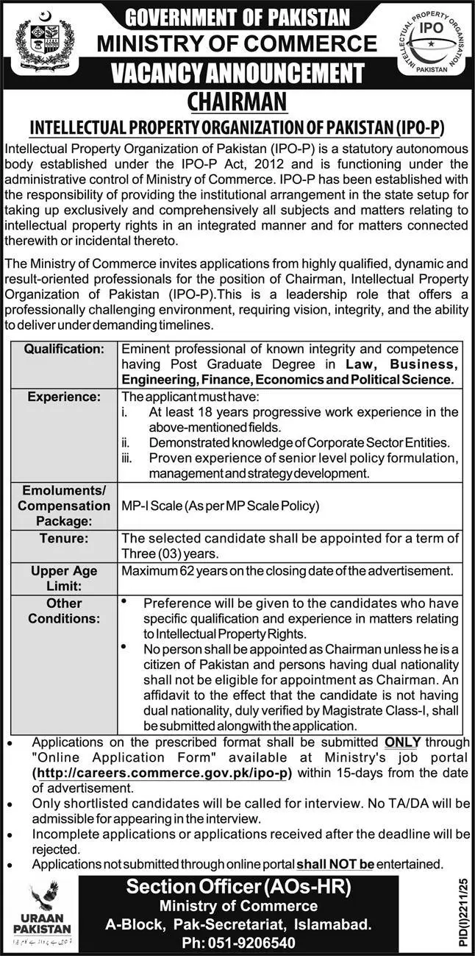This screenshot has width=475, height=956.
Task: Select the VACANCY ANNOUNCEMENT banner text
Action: [238, 73]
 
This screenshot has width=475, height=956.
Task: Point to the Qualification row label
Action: [64, 348]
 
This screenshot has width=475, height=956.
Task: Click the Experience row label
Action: [64, 397]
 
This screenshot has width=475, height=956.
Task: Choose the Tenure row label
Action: [64, 539]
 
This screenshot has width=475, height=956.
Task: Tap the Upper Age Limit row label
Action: [64, 578]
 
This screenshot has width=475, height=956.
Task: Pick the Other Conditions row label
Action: [64, 611]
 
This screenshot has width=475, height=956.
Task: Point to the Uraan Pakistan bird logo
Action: [43, 896]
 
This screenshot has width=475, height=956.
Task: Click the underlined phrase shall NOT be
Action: [335, 863]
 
